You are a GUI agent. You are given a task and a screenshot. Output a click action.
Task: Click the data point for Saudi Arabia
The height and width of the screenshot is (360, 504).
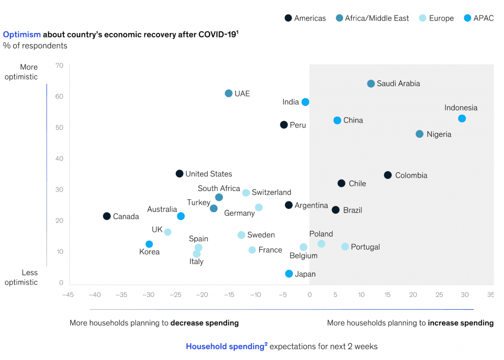pos(371,84)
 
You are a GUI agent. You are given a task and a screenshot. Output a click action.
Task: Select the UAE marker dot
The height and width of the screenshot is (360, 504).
pos(228,94)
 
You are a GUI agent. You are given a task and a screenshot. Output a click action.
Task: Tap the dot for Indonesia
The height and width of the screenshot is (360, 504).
pos(462,119)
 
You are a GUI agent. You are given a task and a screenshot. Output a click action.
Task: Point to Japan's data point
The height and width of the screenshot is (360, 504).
pos(289,274)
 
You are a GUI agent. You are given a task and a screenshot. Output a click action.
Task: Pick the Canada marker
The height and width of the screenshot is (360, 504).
pos(107,216)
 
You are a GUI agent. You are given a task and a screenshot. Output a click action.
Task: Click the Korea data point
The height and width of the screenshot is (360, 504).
pos(149,244)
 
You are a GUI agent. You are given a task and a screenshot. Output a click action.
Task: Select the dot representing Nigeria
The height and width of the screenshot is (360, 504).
pos(419,134)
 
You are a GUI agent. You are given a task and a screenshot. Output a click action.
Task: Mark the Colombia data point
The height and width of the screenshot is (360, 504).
pos(388,175)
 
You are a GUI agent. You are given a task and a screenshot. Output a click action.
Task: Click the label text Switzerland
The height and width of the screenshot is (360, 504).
pos(272,193)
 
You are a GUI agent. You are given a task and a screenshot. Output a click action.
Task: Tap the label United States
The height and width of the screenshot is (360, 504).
pos(209,174)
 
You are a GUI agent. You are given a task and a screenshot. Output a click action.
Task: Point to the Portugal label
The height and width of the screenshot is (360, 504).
pos(365,247)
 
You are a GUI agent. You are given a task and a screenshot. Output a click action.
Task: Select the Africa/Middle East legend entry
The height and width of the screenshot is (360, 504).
pos(372,18)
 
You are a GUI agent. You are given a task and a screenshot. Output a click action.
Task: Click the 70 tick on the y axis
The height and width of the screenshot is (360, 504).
pos(60,65)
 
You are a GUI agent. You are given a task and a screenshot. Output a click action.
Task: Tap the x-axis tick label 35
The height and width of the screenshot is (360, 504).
pos(490,295)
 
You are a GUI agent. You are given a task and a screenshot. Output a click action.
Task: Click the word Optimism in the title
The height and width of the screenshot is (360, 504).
pos(22,34)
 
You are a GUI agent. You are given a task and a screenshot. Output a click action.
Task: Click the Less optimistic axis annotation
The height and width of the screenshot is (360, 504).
pos(21,277)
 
